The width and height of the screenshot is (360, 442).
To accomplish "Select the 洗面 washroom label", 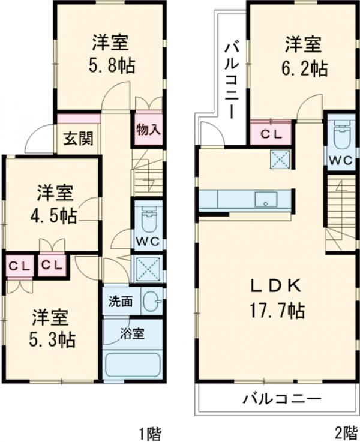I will (x=121, y=302).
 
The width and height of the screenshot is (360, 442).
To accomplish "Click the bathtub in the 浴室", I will (x=133, y=365).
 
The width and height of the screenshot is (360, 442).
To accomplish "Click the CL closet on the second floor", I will (x=270, y=134).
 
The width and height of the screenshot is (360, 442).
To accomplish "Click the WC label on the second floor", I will (x=340, y=160).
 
